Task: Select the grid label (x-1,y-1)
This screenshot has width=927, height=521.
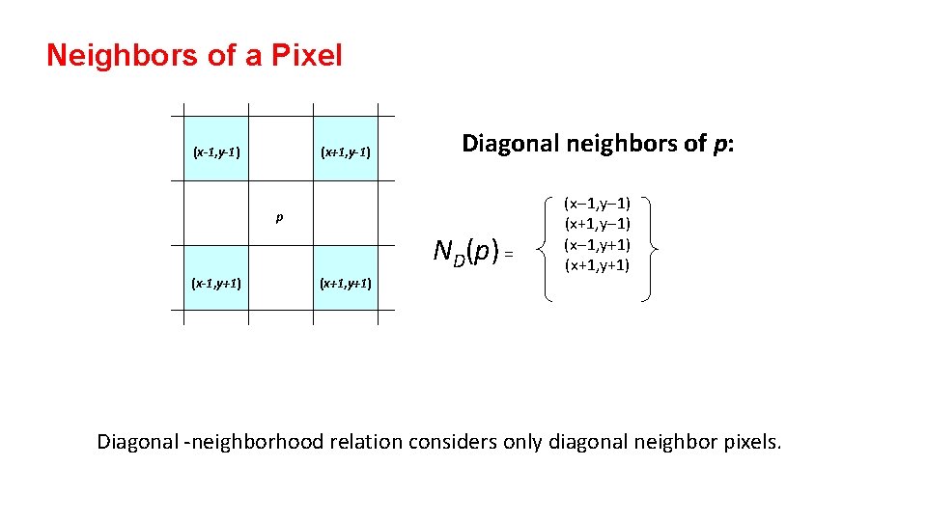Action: click(216, 151)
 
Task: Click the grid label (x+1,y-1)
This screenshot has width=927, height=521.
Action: click(346, 151)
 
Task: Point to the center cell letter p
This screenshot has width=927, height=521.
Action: click(279, 218)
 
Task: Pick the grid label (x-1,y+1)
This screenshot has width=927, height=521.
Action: click(216, 283)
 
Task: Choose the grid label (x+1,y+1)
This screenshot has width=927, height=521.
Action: click(346, 283)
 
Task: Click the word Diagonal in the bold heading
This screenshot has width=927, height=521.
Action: click(512, 144)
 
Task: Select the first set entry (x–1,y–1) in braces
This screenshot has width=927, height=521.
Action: click(598, 204)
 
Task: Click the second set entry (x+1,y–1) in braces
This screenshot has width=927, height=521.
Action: click(598, 224)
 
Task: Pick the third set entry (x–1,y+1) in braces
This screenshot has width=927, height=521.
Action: click(598, 244)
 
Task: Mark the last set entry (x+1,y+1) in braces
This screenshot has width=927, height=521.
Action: click(598, 264)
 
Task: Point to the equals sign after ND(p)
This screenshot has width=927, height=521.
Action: click(510, 255)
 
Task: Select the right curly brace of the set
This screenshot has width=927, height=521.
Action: click(653, 250)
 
